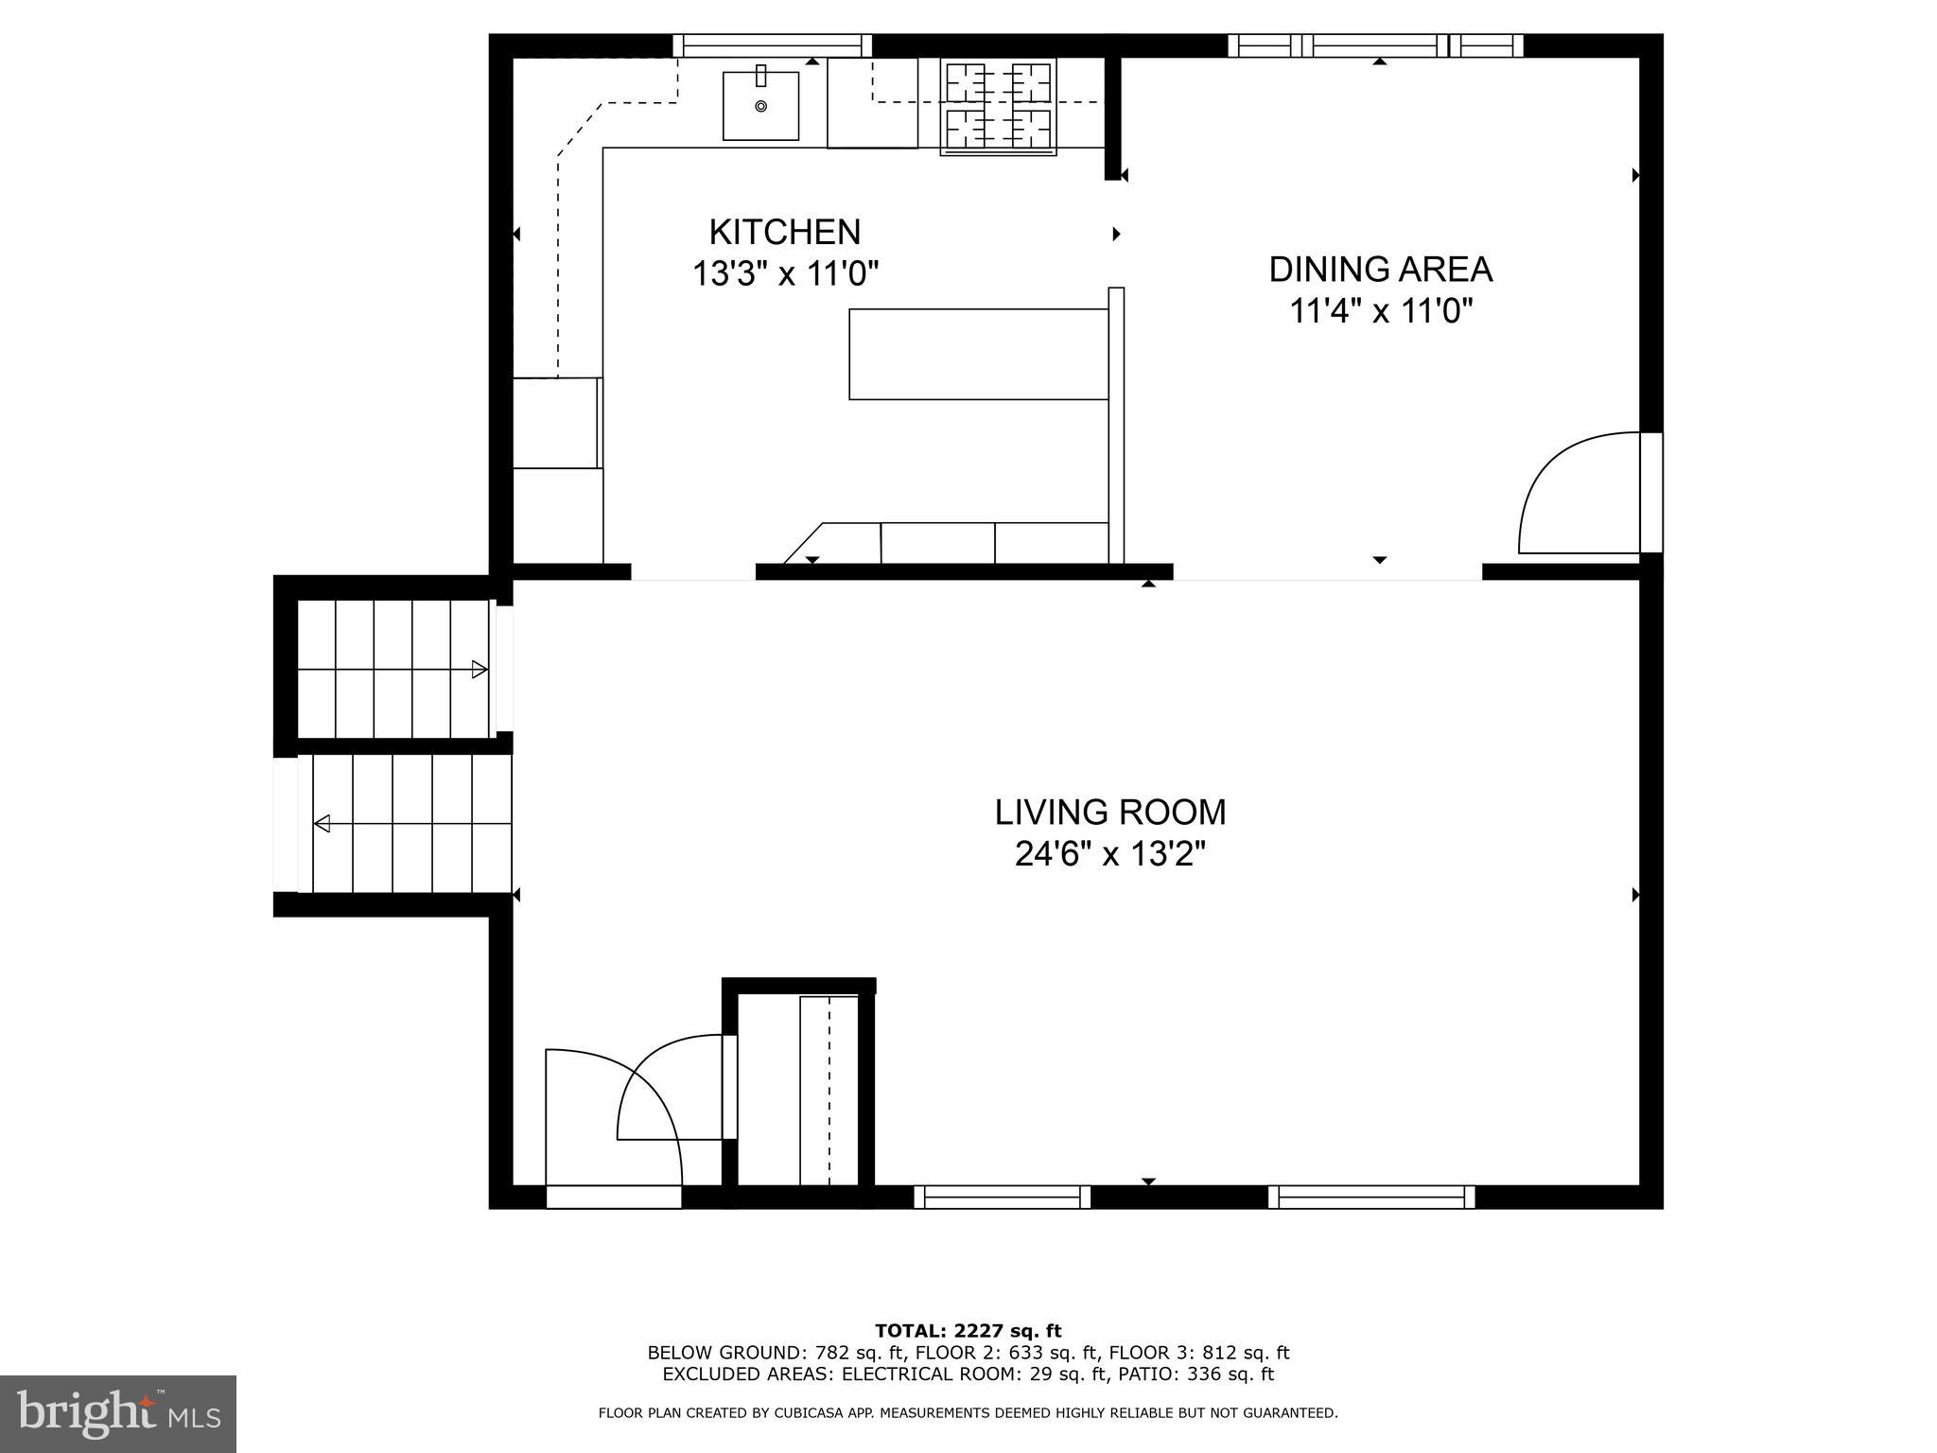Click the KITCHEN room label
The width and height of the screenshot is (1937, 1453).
[x=784, y=232]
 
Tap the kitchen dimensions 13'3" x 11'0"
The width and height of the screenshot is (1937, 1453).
[x=785, y=274]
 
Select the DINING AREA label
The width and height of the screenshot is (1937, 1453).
[x=1380, y=270]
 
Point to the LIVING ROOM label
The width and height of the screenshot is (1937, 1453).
[x=1109, y=813]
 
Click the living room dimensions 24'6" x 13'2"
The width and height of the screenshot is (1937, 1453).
[x=1109, y=855]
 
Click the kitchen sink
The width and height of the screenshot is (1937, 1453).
[x=760, y=106]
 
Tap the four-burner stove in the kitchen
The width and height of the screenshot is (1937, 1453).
[x=998, y=107]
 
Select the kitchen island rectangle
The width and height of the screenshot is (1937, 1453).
[x=978, y=354]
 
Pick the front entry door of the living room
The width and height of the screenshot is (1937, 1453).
[x=613, y=1126]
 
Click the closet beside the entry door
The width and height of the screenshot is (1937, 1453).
[x=799, y=1088]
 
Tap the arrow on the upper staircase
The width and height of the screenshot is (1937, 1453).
[x=480, y=670]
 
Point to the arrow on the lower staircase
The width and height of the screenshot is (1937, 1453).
[x=323, y=823]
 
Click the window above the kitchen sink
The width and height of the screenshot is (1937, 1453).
[x=772, y=45]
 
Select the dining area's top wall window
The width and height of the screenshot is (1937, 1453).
[x=1376, y=45]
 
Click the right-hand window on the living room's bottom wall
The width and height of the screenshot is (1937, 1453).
[x=1370, y=1197]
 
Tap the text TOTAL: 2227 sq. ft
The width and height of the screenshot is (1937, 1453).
[x=968, y=1332]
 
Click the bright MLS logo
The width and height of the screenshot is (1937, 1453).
[x=118, y=1414]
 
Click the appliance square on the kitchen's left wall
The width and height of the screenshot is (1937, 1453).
[x=556, y=423]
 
